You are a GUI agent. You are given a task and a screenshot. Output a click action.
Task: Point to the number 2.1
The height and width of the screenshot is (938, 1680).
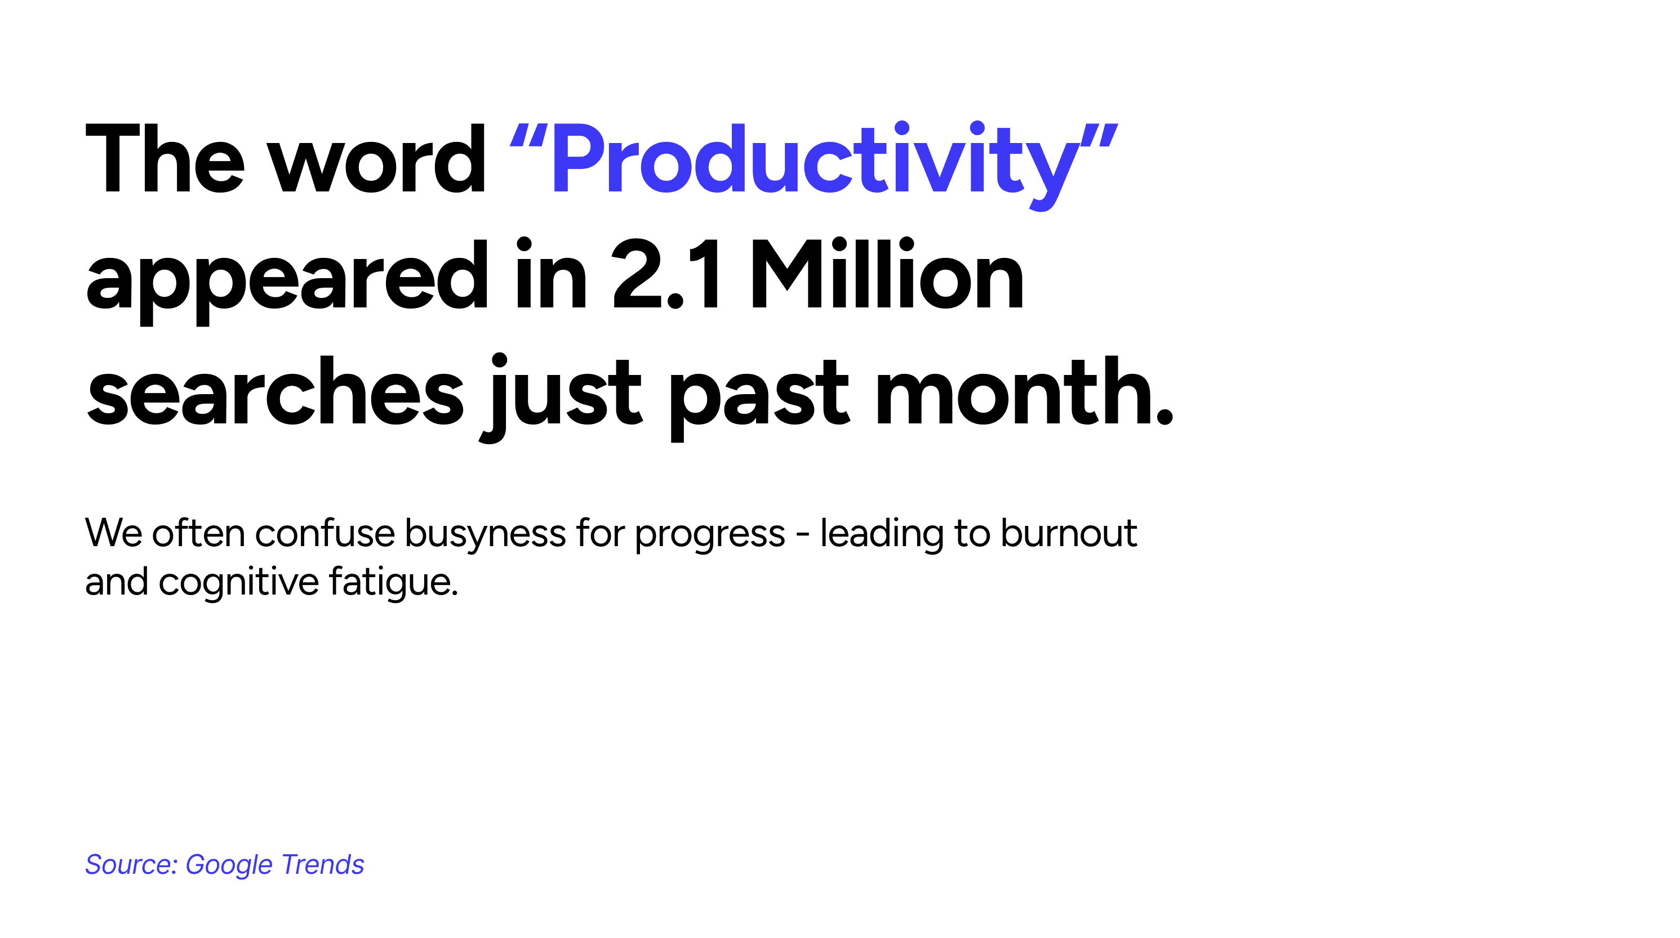pos(666,274)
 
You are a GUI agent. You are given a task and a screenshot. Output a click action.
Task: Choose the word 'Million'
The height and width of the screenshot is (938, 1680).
pos(887,273)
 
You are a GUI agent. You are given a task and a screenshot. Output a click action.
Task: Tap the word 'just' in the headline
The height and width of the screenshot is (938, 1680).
pos(562,397)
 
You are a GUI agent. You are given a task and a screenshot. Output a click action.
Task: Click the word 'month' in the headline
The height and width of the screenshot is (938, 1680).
pos(1014,391)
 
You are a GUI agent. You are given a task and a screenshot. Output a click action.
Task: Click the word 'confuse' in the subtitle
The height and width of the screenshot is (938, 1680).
pos(324,533)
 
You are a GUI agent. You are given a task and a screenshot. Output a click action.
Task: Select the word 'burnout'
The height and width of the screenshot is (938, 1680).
pos(1069,533)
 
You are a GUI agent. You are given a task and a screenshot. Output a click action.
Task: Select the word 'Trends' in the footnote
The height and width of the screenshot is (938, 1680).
pos(323,865)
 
